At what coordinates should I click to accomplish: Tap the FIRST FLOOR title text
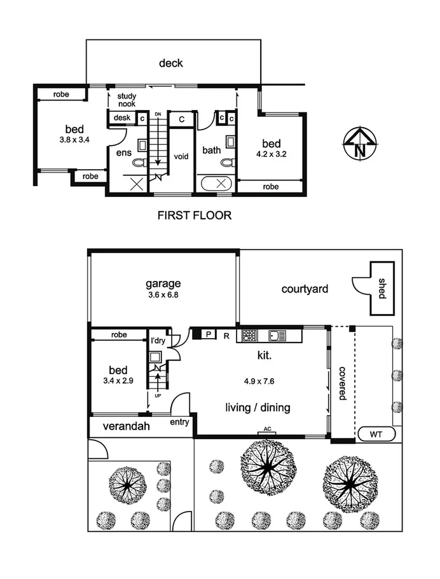[194, 215]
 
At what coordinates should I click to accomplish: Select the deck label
[171, 62]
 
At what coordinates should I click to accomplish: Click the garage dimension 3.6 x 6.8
[162, 295]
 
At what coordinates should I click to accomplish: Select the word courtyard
[305, 289]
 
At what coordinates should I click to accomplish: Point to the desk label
[121, 118]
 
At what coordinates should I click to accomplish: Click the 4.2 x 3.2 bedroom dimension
[270, 153]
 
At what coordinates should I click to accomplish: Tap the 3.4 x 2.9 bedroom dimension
[118, 382]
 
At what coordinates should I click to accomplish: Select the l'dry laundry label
[157, 340]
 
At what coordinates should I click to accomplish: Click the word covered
[341, 382]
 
